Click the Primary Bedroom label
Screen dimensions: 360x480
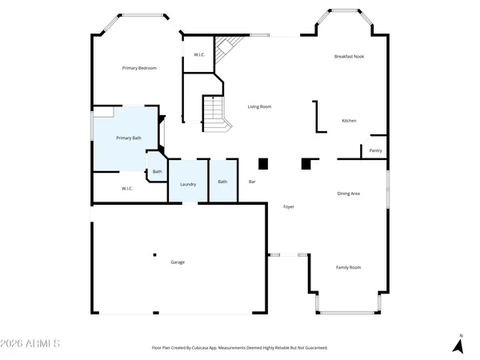pyautogui.click(x=139, y=68)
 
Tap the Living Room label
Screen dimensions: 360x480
pyautogui.click(x=259, y=106)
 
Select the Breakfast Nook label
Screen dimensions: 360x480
pyautogui.click(x=350, y=57)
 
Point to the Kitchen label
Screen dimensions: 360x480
pyautogui.click(x=349, y=121)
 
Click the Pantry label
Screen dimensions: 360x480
pyautogui.click(x=375, y=150)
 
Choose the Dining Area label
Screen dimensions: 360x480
pyautogui.click(x=348, y=194)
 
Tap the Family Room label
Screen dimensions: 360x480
pyautogui.click(x=348, y=267)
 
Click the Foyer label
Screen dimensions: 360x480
pyautogui.click(x=289, y=207)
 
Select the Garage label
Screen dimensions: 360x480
pyautogui.click(x=178, y=262)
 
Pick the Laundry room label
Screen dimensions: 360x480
pyautogui.click(x=188, y=185)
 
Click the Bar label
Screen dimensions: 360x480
pyautogui.click(x=252, y=182)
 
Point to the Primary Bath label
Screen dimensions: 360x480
pyautogui.click(x=129, y=138)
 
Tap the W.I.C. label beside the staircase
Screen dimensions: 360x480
pyautogui.click(x=199, y=54)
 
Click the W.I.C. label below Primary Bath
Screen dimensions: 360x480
pyautogui.click(x=127, y=189)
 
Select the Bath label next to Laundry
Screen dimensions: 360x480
pyautogui.click(x=222, y=182)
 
